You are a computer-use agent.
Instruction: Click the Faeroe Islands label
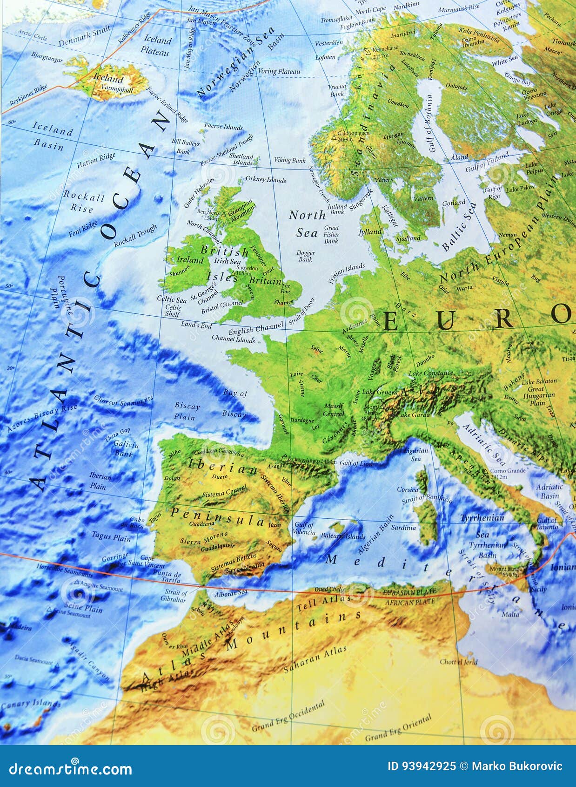coord(223,127)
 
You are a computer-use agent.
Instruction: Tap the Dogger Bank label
coord(305,256)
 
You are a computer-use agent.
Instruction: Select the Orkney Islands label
coord(265,179)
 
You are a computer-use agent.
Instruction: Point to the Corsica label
coord(408,489)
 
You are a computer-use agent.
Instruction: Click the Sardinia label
coord(403,528)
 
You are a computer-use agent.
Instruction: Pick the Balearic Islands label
coord(343,536)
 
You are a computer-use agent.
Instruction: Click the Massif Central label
coord(334,410)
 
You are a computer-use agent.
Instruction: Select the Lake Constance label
coord(430,373)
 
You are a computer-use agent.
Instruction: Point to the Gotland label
coord(454,203)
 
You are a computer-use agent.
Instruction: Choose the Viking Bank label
coord(289,160)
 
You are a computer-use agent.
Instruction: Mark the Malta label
coord(510,614)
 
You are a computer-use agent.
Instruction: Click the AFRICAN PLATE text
coord(409,602)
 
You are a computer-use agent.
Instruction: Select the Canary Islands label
coord(30,704)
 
